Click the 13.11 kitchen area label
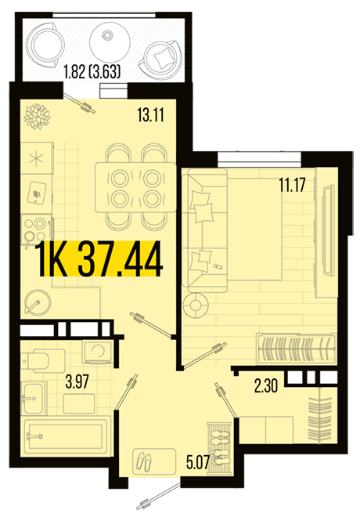[150, 114]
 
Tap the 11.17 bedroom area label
[292, 184]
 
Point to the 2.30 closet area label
[266, 385]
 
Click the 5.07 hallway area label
[198, 462]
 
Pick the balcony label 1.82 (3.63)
[92, 71]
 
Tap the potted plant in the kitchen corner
[38, 117]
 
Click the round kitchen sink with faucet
[38, 302]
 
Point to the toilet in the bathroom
[43, 360]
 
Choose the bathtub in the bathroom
[66, 436]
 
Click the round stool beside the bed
[196, 305]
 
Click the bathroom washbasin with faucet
[34, 398]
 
